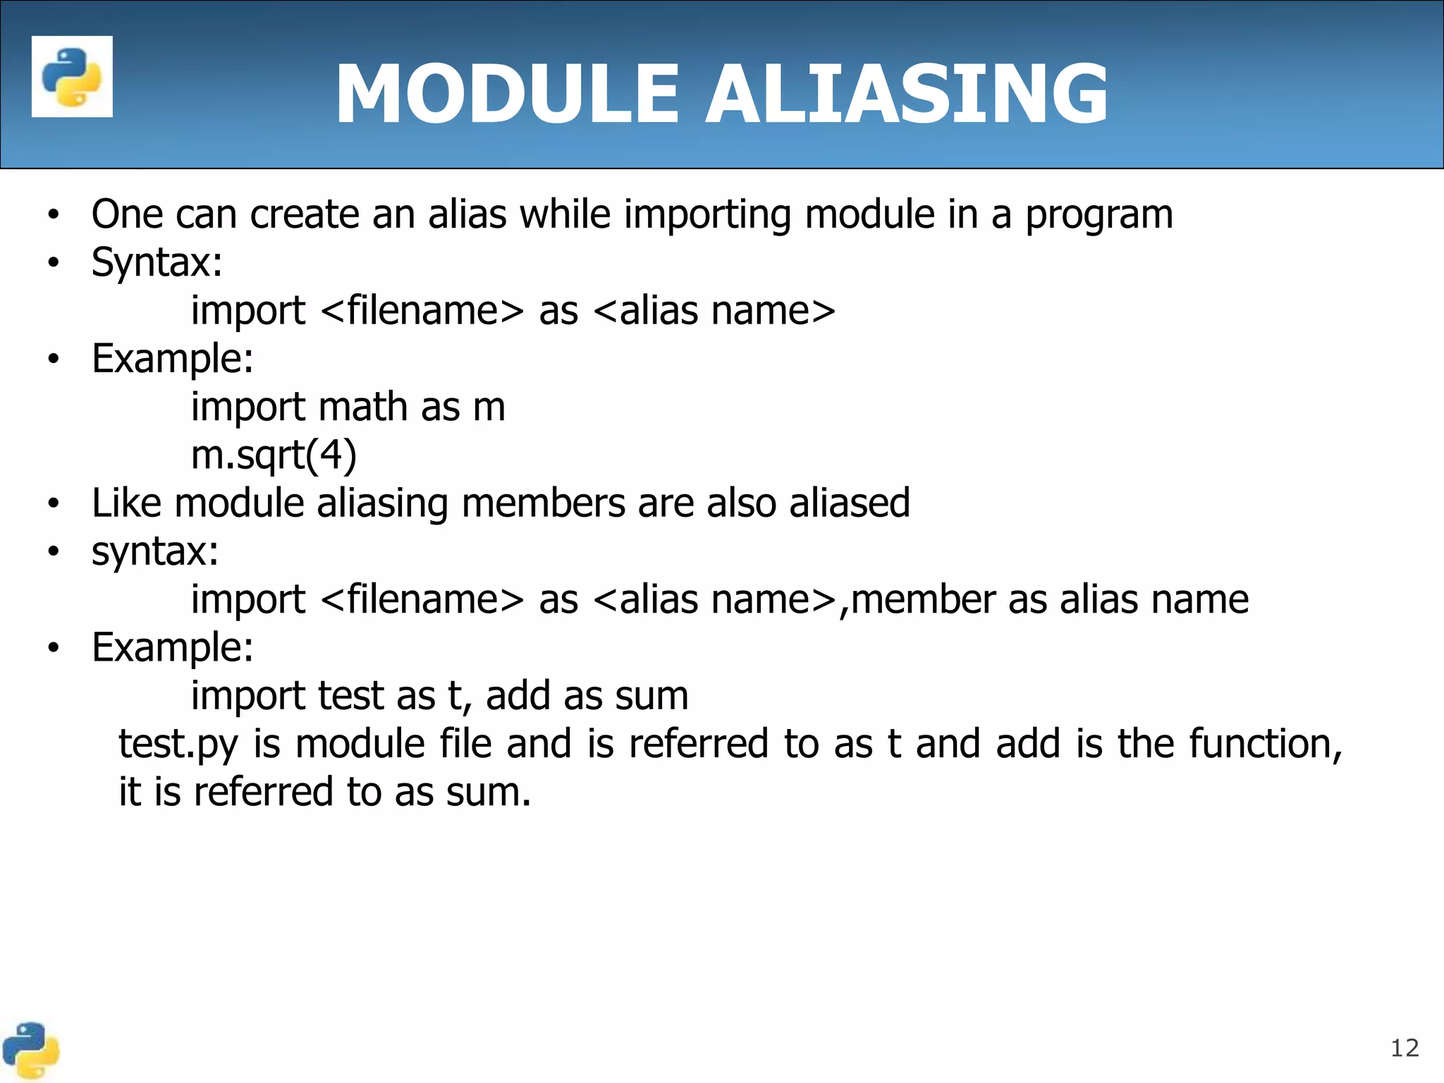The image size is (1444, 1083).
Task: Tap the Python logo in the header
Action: click(72, 76)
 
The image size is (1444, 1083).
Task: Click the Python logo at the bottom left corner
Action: click(30, 1051)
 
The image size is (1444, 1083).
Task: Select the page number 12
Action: click(1404, 1048)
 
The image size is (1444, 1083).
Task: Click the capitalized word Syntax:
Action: click(157, 262)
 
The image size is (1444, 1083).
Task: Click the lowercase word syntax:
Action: click(155, 551)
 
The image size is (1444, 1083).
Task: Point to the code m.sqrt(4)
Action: click(274, 455)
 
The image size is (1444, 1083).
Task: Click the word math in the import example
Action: click(362, 408)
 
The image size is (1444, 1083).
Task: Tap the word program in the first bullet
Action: click(1099, 215)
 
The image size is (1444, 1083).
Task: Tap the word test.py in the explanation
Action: click(178, 745)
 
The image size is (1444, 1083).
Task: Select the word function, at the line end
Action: click(1266, 744)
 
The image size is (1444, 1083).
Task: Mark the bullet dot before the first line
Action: click(54, 215)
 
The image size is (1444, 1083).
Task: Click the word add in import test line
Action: click(518, 696)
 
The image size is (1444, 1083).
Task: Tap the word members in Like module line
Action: click(543, 503)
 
